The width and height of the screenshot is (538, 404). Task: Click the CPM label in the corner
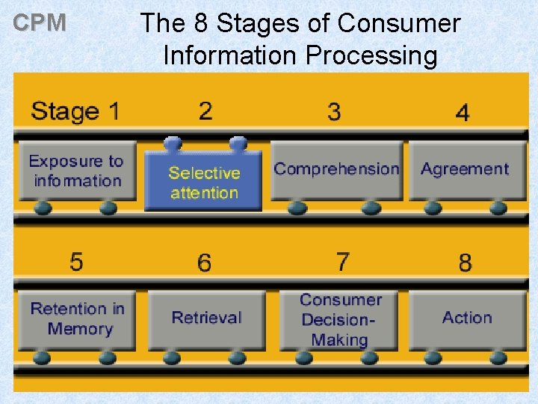[x=40, y=23]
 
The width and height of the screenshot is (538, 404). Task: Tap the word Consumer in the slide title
[x=398, y=24]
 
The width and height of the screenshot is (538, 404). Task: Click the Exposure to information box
[x=77, y=171]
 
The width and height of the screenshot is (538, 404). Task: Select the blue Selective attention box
[x=204, y=182]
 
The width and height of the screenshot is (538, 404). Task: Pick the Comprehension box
[x=336, y=169]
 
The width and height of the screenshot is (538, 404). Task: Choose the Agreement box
[x=464, y=169]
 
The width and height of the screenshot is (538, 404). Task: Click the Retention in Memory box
[x=78, y=319]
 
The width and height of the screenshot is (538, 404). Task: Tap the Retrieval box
[x=206, y=318]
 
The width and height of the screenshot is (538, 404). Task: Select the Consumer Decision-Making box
[x=340, y=319]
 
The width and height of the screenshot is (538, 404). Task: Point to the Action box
[x=467, y=318]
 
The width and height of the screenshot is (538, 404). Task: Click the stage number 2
[x=205, y=111]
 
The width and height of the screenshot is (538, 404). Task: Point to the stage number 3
[x=334, y=112]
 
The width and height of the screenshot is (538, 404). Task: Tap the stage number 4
[x=463, y=113]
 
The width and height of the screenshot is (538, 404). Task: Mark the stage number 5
[x=76, y=262]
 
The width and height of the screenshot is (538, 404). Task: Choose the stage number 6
[x=205, y=263]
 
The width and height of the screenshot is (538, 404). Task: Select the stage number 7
[x=342, y=262]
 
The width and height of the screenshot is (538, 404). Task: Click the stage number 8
[x=466, y=263]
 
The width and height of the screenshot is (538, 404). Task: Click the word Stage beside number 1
[x=65, y=111]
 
